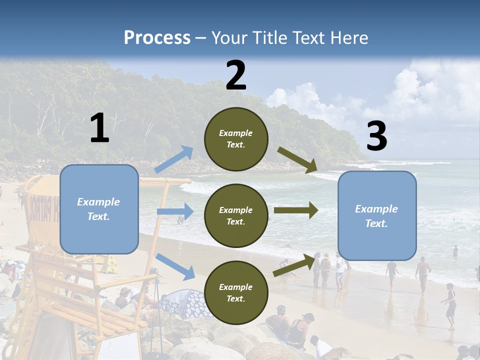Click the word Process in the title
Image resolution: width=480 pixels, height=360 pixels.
(x=157, y=38)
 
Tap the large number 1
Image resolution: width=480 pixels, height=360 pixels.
(x=99, y=128)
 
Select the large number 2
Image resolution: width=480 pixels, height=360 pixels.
(x=236, y=75)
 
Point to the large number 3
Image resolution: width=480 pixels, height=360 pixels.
(x=376, y=136)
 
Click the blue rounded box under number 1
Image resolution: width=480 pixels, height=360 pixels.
(x=99, y=209)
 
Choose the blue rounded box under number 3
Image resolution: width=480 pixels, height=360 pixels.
(x=377, y=216)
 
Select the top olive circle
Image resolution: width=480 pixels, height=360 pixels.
(x=236, y=139)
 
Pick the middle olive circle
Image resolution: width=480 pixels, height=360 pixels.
(x=236, y=215)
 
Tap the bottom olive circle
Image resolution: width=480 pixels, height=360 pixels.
(x=236, y=292)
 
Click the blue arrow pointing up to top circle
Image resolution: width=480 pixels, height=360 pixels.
(x=174, y=159)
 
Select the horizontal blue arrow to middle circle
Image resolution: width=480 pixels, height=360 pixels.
(x=175, y=211)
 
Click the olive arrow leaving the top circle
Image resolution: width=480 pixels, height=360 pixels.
(x=297, y=160)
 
